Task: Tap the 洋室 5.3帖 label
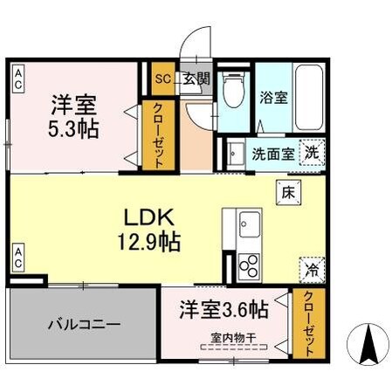(73, 115)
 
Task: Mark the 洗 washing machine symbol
(312, 152)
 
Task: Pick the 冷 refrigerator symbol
(311, 271)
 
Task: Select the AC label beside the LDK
(18, 258)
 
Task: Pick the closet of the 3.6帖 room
(306, 322)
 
